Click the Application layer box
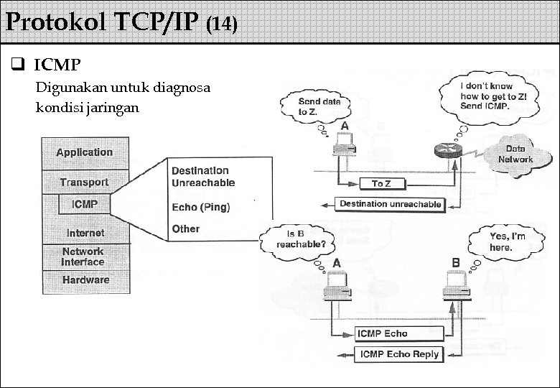pos(85,152)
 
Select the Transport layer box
pos(85,183)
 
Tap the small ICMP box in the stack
pos(85,205)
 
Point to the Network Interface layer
pos(83,257)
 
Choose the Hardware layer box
pos(85,280)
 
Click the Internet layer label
pos(85,233)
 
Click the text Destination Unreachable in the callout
pos(202,177)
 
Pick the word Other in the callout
pos(185,229)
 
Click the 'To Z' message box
pos(382,185)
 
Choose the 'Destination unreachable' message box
pos(390,205)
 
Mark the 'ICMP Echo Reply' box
pos(399,354)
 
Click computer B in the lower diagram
pos(454,285)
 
